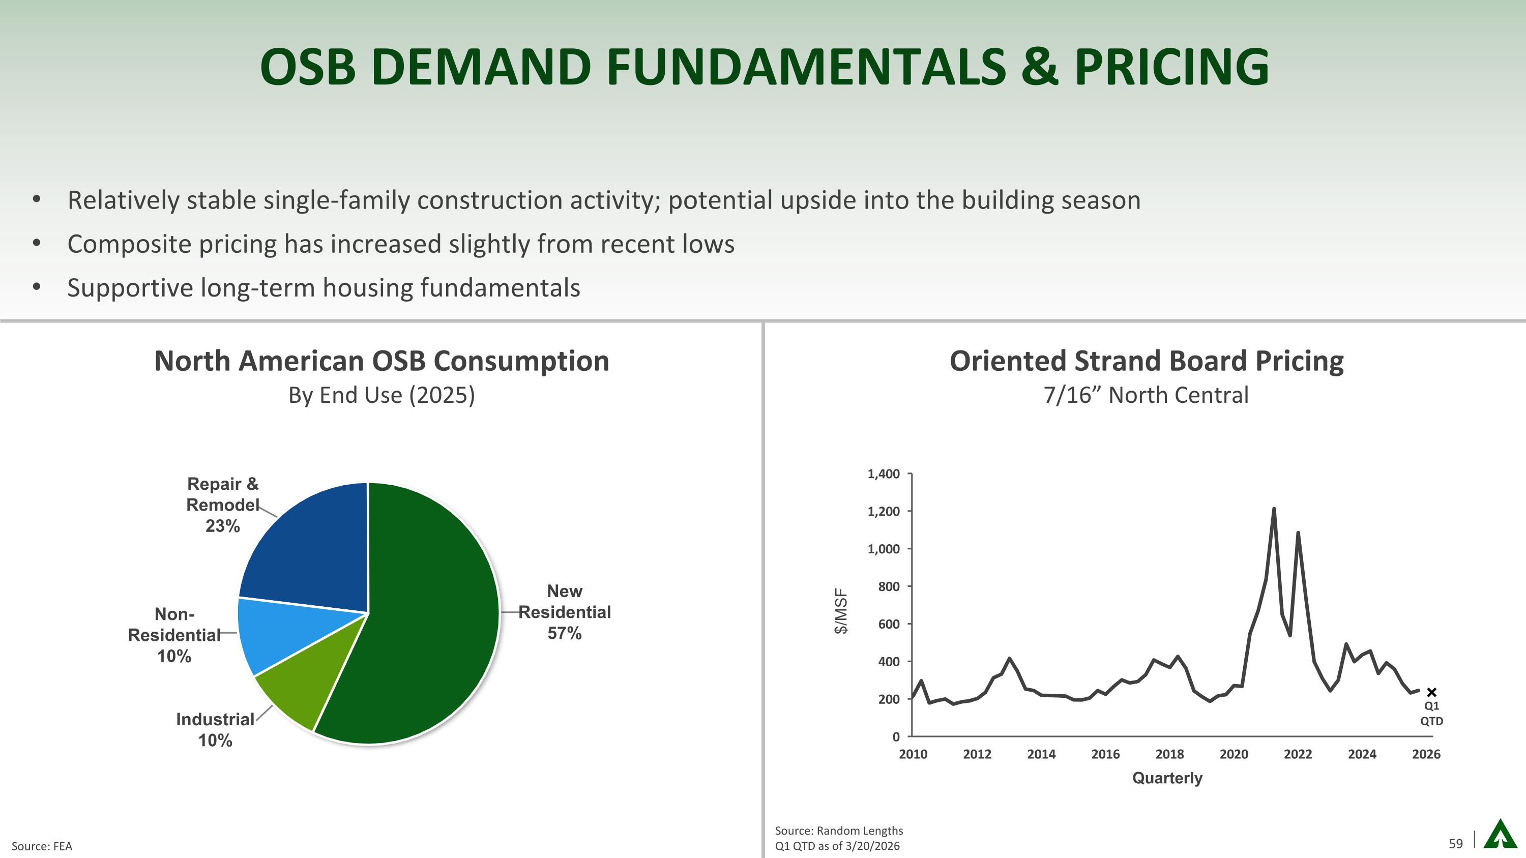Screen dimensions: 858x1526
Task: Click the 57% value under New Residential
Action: [564, 634]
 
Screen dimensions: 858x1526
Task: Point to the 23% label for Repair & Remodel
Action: [223, 526]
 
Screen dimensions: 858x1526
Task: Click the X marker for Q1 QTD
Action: [1432, 692]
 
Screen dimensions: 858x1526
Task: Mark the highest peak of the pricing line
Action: [1274, 509]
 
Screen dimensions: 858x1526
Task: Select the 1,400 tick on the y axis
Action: [883, 474]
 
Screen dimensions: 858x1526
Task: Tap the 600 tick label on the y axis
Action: [888, 624]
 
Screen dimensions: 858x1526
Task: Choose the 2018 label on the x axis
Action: [1169, 754]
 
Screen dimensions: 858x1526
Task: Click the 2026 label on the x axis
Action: [1426, 754]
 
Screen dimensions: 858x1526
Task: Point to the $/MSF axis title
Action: [841, 611]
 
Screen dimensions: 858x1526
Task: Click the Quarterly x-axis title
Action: [1167, 778]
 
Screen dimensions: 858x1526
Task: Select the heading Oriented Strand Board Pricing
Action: [1146, 361]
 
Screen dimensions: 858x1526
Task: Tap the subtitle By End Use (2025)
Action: [382, 395]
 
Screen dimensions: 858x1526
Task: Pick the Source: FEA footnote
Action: [42, 846]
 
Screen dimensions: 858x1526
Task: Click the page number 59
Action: [1455, 844]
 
